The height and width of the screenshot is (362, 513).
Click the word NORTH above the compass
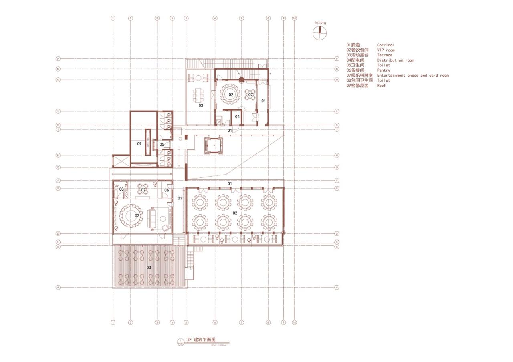pos(320,24)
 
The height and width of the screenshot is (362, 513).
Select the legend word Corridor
pos(386,45)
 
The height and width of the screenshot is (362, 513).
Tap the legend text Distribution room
pos(395,60)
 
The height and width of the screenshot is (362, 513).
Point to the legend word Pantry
pos(384,70)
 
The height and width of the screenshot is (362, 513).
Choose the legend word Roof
pos(381,86)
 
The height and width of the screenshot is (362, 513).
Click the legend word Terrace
pos(385,55)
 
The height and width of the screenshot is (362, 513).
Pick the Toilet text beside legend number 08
pos(384,80)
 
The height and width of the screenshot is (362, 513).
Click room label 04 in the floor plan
pos(237,117)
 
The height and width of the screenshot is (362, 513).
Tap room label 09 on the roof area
pos(139,143)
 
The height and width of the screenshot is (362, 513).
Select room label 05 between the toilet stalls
pos(162,144)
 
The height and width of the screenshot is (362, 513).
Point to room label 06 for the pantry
pos(166,190)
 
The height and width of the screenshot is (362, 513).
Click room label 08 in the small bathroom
pos(121,189)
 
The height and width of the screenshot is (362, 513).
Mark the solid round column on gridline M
pos(242,80)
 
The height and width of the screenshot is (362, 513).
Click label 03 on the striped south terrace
pos(148,267)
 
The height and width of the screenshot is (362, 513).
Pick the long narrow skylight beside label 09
pos(148,142)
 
